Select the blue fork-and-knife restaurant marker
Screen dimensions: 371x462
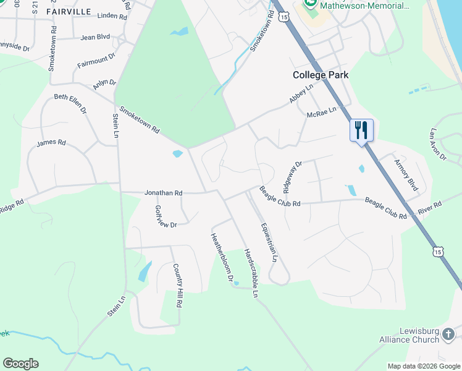[x=362, y=130]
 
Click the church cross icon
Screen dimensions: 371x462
[x=449, y=335]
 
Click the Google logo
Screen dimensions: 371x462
[x=20, y=364]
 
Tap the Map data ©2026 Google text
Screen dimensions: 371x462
[x=423, y=366]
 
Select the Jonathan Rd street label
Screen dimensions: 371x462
[x=163, y=193]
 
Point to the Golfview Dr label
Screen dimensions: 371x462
[x=166, y=216]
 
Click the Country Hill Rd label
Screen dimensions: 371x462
[x=177, y=285]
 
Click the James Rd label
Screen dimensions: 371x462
[x=51, y=143]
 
